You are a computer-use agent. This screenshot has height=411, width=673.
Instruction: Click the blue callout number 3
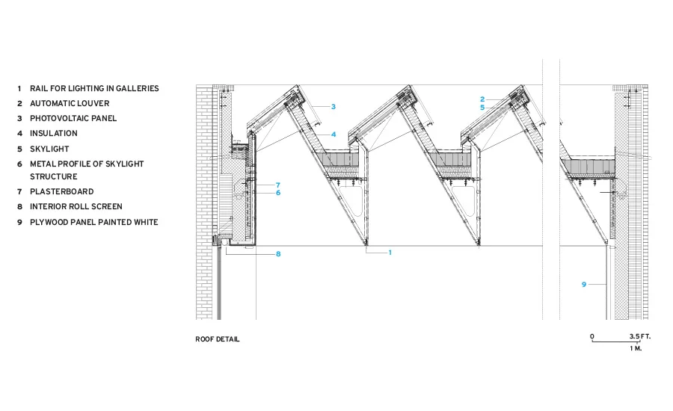click(334, 107)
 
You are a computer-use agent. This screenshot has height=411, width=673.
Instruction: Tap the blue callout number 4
click(334, 135)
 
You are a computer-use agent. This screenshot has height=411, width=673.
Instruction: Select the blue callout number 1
click(390, 253)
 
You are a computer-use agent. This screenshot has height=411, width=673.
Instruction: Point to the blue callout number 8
click(278, 254)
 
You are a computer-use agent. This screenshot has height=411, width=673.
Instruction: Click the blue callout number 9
click(584, 285)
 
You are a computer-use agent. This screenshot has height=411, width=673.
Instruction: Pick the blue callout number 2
click(482, 99)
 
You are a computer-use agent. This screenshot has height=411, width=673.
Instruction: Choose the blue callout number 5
click(482, 108)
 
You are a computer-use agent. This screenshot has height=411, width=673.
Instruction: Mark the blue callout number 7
click(278, 185)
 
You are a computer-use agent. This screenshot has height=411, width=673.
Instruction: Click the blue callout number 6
click(278, 193)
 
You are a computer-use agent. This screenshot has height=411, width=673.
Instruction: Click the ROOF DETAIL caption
click(218, 339)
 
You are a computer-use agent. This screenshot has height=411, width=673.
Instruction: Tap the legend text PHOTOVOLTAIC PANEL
click(73, 118)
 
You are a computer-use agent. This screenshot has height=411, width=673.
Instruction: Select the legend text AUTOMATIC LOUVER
click(70, 103)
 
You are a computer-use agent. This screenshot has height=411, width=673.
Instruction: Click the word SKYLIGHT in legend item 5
click(49, 149)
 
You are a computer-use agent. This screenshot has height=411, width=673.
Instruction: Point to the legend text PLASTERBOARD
click(62, 191)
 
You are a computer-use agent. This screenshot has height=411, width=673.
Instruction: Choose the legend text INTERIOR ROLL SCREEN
click(76, 206)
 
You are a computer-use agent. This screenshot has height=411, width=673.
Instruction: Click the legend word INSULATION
click(54, 134)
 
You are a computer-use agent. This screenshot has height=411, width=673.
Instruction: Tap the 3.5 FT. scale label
click(640, 336)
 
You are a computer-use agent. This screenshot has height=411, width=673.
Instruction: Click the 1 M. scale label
click(636, 348)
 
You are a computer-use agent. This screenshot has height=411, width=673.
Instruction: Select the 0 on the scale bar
click(592, 336)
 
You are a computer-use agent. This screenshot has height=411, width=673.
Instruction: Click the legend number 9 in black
click(19, 222)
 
